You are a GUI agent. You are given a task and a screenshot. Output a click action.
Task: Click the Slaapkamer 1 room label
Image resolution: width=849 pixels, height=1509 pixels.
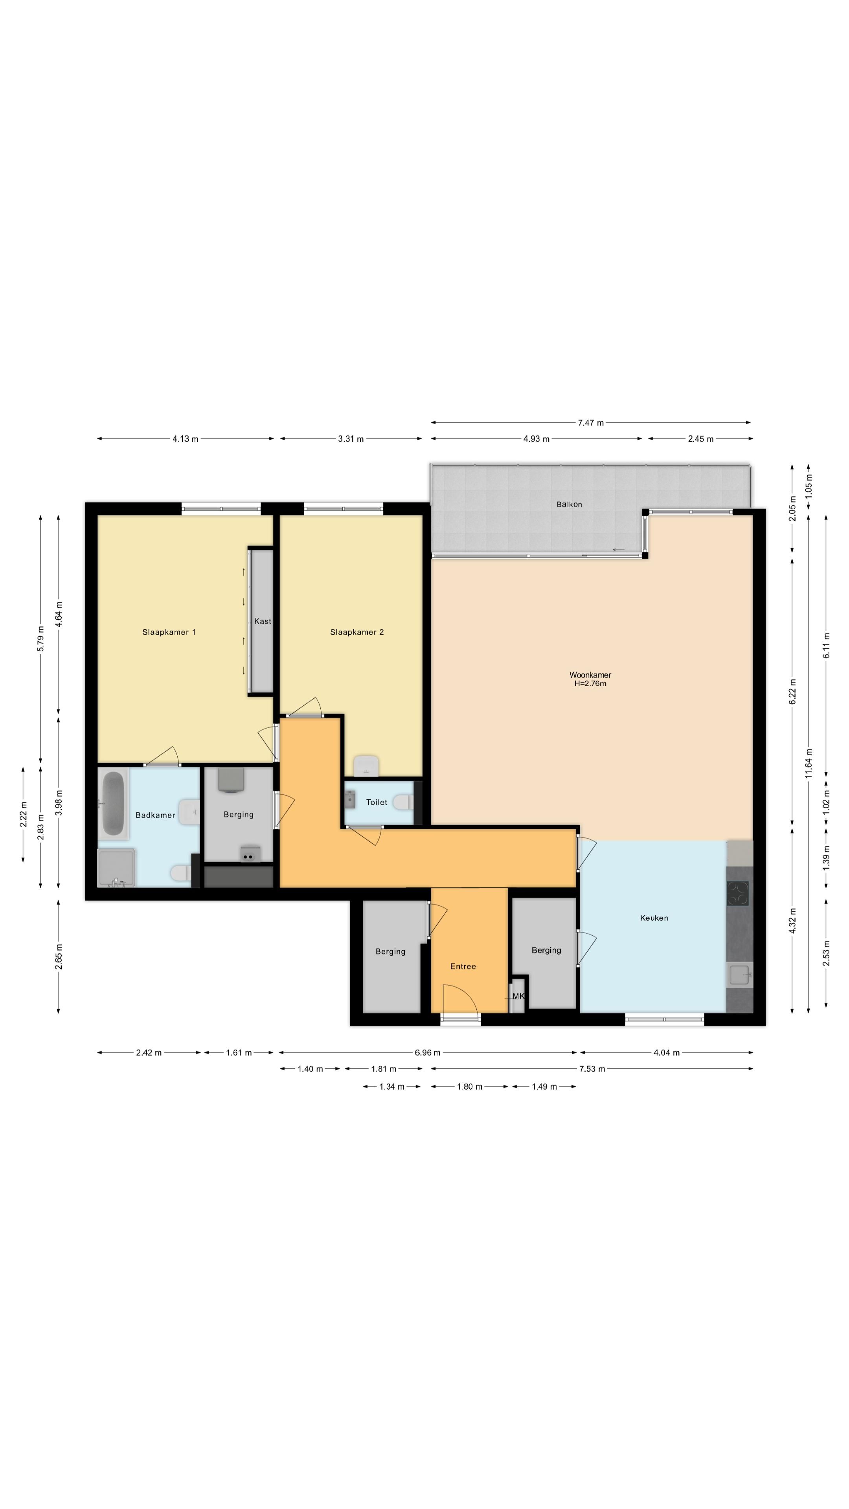[x=169, y=632]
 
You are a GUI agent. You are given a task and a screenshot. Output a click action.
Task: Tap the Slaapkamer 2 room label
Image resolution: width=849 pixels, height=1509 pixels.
[x=357, y=632]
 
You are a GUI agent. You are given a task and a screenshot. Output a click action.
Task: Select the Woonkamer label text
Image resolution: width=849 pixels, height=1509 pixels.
[x=590, y=675]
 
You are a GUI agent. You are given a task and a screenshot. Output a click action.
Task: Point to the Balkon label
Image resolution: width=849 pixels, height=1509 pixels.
[x=569, y=504]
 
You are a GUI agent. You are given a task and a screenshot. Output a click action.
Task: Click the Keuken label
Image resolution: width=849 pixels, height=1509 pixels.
[x=654, y=918]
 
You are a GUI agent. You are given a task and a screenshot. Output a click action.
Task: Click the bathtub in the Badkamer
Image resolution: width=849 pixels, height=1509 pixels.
[x=113, y=803]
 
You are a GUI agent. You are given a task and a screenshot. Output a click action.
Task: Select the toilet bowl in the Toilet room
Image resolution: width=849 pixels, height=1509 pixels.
[x=402, y=802]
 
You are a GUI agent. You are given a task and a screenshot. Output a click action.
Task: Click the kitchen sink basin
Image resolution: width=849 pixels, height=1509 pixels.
[x=739, y=975]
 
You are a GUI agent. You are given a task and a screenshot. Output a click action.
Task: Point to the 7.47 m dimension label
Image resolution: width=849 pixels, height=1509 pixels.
[x=591, y=422]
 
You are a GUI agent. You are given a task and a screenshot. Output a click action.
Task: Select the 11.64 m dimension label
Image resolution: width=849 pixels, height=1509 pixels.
[x=809, y=763]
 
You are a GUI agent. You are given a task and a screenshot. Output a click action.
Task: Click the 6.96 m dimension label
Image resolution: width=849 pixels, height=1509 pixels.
[x=427, y=1053]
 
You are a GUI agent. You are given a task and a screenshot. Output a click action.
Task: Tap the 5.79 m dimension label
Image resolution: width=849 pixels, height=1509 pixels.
[x=40, y=639]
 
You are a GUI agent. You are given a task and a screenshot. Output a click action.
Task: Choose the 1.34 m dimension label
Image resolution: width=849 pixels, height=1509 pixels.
[x=391, y=1087]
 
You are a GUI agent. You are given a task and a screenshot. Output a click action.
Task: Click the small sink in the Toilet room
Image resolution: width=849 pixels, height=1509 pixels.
[x=350, y=799]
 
